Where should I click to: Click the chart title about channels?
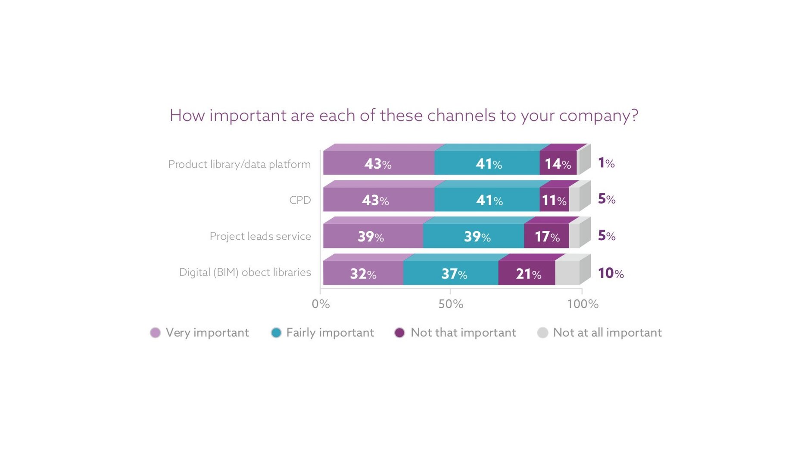pos(404,116)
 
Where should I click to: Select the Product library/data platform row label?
pos(239,164)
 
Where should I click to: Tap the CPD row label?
pos(300,200)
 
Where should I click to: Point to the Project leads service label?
pos(260,236)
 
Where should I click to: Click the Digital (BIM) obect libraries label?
pos(245,272)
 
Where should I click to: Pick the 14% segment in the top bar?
pos(558,163)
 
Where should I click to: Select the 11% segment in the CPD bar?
pos(554,199)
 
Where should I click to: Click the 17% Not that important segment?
pos(546,236)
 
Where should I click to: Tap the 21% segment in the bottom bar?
pos(527,273)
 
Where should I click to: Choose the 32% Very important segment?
pos(363,273)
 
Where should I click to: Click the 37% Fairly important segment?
pos(451,273)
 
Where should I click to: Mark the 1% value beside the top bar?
pos(606,163)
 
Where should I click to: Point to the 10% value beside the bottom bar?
pos(611,273)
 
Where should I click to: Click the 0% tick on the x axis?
pos(321,304)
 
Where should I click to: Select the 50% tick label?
pos(451,304)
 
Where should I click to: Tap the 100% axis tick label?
pos(583,304)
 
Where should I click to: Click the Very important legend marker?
pos(155,333)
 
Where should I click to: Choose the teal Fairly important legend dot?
pos(276,333)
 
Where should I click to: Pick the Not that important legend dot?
pos(400,333)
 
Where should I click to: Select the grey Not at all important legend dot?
pos(543,333)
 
